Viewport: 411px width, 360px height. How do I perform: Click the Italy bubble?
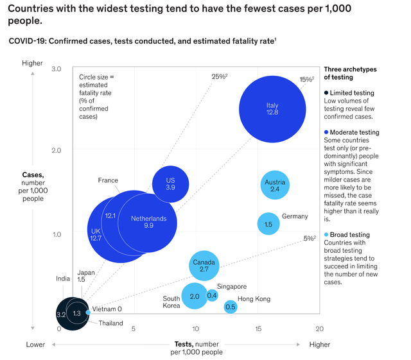tap(272, 109)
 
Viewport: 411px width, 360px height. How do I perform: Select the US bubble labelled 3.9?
tap(170, 184)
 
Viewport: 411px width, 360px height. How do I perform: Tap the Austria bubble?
tap(275, 185)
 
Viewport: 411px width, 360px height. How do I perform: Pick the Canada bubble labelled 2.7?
tap(204, 266)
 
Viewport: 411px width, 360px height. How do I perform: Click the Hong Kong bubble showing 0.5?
tap(231, 307)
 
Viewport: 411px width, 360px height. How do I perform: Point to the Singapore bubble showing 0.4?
tap(212, 296)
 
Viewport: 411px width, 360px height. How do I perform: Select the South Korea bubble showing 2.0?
tap(195, 296)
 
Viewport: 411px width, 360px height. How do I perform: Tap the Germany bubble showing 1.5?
tap(268, 224)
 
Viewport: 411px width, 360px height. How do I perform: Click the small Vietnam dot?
tap(89, 313)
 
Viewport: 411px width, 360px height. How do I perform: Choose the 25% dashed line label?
tap(220, 76)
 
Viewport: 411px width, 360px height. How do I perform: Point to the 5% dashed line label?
tap(310, 239)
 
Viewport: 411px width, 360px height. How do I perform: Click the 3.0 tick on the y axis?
tap(56, 69)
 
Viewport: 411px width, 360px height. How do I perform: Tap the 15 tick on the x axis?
tap(258, 329)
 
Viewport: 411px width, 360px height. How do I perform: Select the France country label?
tap(108, 180)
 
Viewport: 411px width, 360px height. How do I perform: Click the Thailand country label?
tap(110, 323)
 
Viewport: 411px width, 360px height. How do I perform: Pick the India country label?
tap(63, 279)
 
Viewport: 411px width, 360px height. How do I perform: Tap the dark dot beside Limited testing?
tap(326, 93)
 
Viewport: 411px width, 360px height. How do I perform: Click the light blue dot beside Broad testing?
tap(326, 234)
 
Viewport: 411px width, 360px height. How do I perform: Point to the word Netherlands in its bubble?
tap(148, 219)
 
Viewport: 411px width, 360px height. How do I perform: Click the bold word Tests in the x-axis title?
tap(184, 344)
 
